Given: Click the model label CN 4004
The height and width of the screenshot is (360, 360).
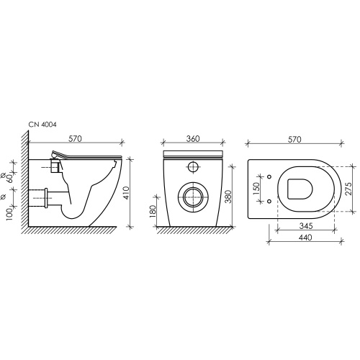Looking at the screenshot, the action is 42,125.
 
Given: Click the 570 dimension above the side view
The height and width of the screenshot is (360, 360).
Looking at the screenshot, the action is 75,139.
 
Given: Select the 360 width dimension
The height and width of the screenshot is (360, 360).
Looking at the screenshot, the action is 193,139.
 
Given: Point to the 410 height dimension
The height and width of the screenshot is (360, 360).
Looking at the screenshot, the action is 127,193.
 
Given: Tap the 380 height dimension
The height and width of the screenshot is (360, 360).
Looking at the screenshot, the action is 228,197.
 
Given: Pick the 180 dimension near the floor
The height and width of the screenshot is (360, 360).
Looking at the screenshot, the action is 153,211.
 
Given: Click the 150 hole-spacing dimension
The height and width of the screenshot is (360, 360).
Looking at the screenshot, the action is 256,189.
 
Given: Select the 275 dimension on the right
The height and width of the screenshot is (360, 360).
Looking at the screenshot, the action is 348,189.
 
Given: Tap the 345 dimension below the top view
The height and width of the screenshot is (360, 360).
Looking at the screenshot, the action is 306,226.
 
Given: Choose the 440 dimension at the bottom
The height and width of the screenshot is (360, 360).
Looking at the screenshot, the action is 305,238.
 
